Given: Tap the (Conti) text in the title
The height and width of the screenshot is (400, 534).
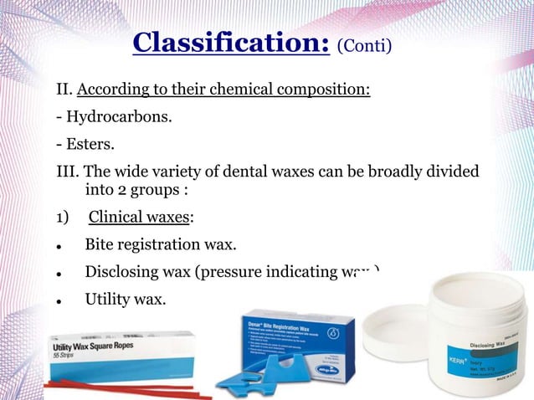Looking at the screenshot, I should [x=363, y=44].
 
